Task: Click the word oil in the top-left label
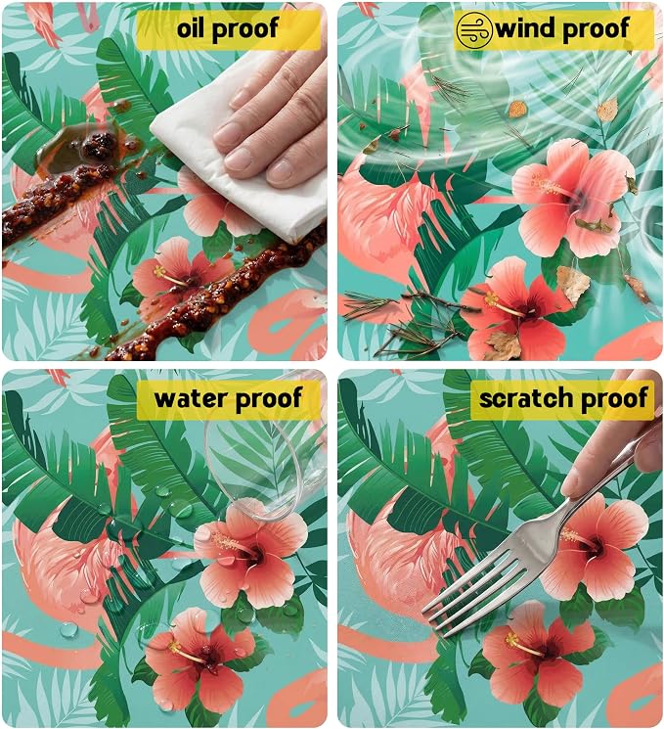(x=191, y=28)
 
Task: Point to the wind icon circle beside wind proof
(x=474, y=30)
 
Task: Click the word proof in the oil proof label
(x=245, y=28)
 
